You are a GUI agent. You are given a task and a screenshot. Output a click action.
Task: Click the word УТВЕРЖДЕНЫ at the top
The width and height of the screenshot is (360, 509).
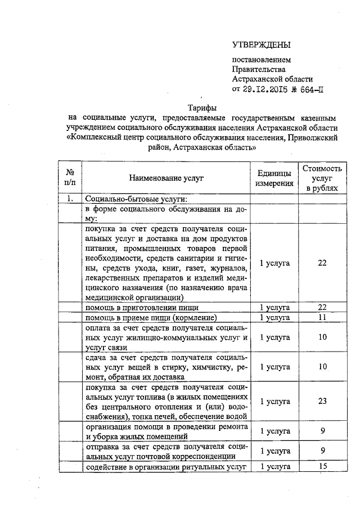(263, 44)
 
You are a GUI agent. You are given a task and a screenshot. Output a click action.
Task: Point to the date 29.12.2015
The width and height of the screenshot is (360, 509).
(271, 89)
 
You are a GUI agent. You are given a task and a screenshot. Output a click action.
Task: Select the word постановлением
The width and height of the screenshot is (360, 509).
(262, 59)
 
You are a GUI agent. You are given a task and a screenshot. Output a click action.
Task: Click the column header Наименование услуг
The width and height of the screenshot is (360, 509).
(166, 178)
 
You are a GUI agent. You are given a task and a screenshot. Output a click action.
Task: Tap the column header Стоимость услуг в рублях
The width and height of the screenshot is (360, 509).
(322, 178)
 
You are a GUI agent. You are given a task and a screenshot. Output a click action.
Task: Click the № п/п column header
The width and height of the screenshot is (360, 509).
(71, 178)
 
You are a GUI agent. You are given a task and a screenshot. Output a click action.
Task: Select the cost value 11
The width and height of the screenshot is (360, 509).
(322, 318)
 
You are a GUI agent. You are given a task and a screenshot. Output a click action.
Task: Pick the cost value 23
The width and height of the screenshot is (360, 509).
(322, 401)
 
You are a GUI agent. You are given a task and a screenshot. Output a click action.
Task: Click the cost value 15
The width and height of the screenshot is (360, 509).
(322, 467)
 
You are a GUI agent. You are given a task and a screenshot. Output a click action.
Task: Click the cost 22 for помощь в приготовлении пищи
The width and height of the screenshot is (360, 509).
(322, 308)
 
